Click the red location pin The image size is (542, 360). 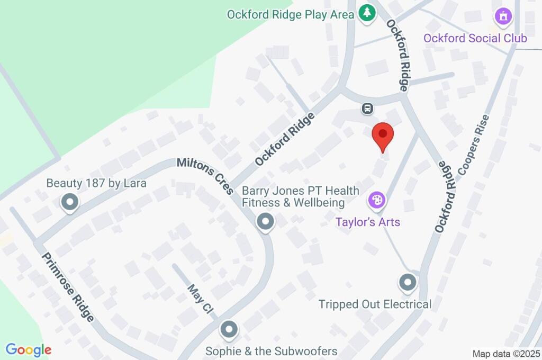(x=382, y=136)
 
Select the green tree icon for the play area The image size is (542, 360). (x=366, y=13)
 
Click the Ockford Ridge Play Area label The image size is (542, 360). (x=290, y=14)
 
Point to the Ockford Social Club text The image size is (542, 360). (x=475, y=38)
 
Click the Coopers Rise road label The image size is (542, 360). (x=473, y=144)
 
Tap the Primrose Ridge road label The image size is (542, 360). (x=68, y=286)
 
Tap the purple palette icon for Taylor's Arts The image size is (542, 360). (x=377, y=201)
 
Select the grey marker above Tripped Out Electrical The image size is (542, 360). (x=408, y=283)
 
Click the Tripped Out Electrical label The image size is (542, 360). (x=375, y=304)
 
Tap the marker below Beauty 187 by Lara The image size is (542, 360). (x=69, y=202)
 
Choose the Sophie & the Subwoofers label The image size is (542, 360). (x=271, y=350)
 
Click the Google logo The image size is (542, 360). (x=29, y=349)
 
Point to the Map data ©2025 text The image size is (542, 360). (x=506, y=354)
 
